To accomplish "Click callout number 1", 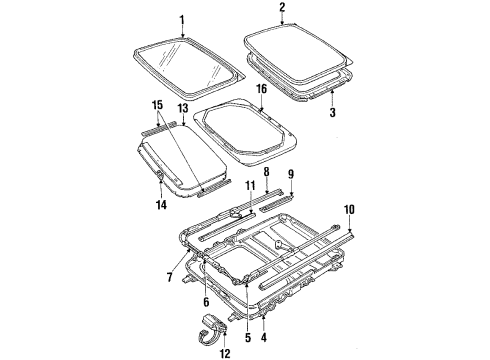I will click(x=182, y=20).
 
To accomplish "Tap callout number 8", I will click(x=267, y=172).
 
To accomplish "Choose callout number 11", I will click(x=238, y=187).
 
